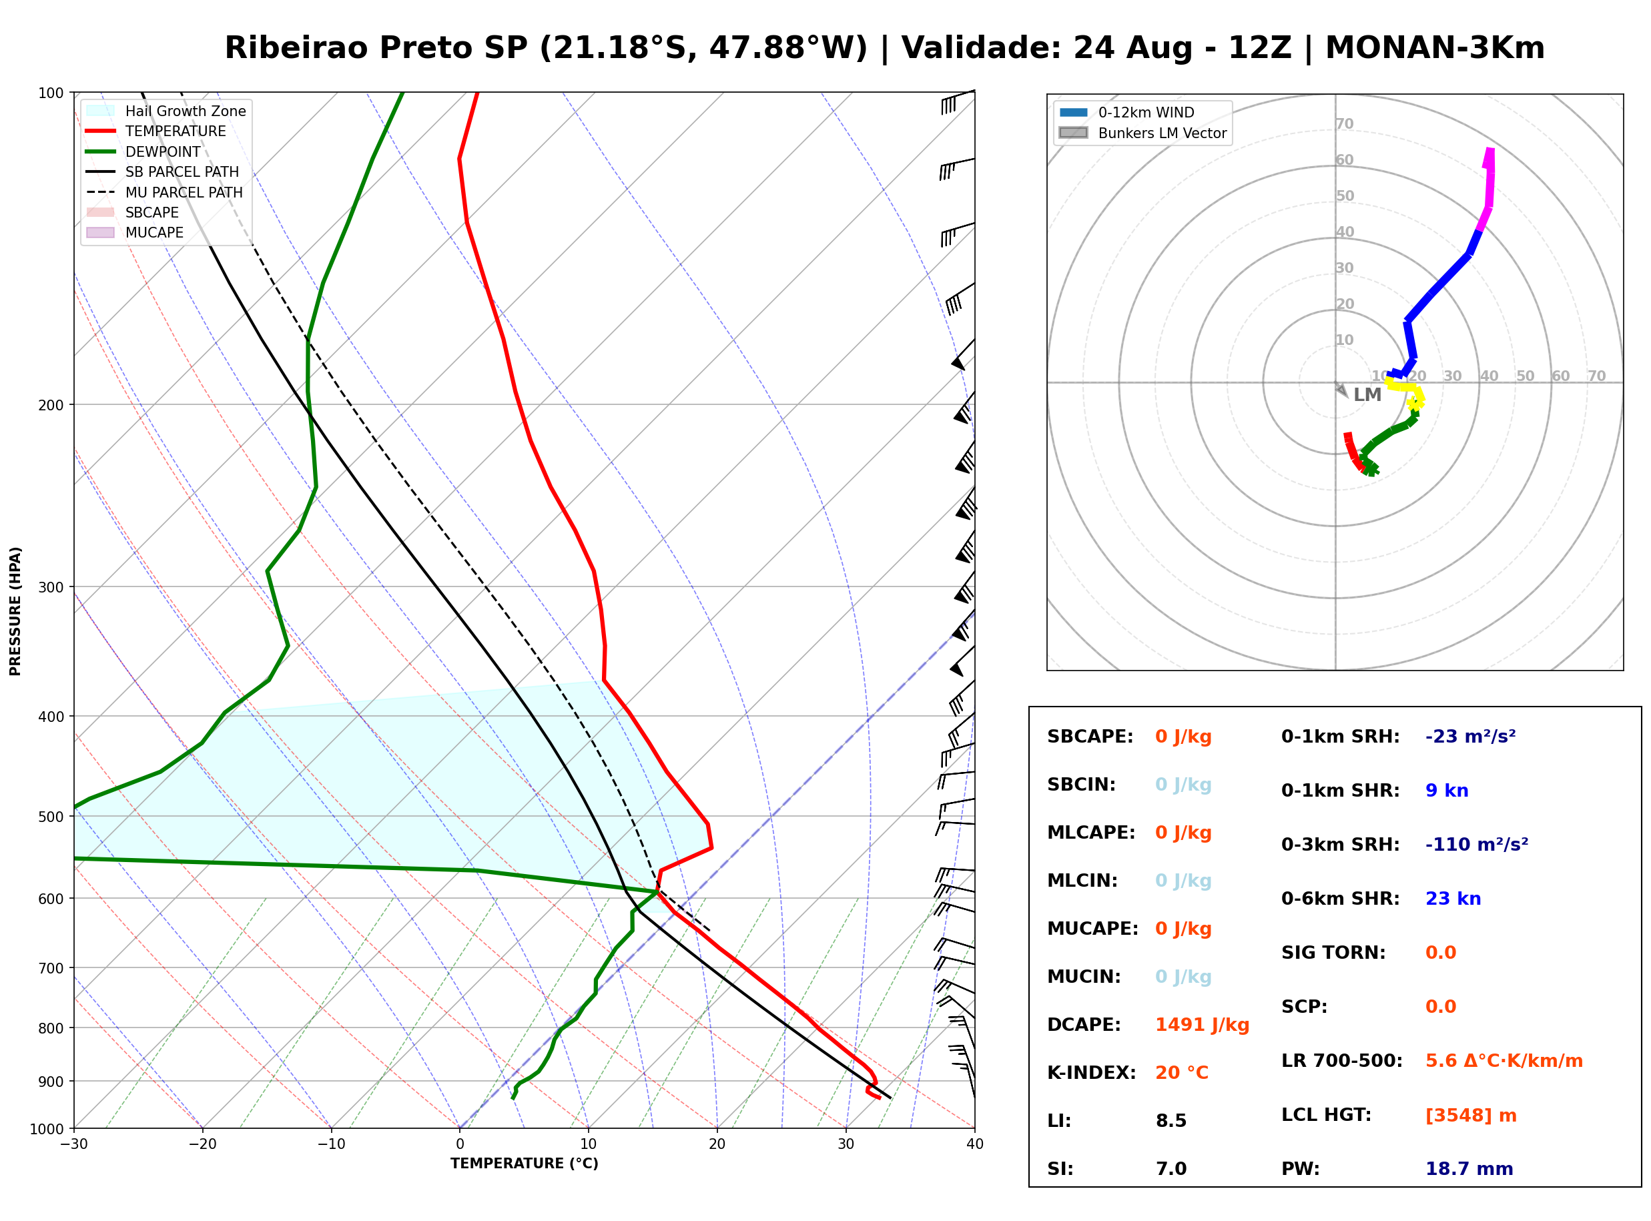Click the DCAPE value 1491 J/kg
1202,1025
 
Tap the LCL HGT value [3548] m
1471,1116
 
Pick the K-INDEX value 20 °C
1182,1073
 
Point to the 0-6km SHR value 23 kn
1453,899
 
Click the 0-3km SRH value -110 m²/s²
1477,844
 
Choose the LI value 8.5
1171,1121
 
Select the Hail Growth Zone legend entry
166,111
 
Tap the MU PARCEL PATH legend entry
164,192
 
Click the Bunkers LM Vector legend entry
1142,133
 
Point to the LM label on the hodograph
1367,395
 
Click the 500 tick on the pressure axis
51,817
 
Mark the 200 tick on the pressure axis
51,405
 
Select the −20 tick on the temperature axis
202,1144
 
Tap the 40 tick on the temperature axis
975,1144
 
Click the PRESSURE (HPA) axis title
15,611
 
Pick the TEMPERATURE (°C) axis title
525,1164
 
